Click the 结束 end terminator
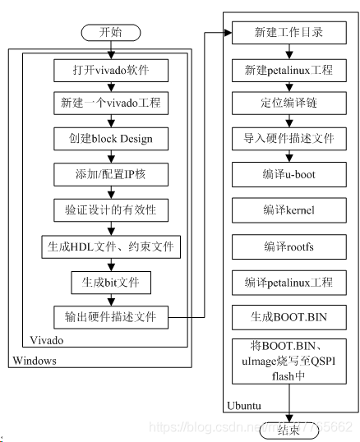pos(288,430)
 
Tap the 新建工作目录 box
pos(288,34)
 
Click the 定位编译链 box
pos(288,104)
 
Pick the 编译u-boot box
pos(288,175)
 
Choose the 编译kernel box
pos(288,210)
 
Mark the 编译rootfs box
pos(288,246)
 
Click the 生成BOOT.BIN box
pos(288,316)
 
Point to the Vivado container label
pos(46,339)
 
